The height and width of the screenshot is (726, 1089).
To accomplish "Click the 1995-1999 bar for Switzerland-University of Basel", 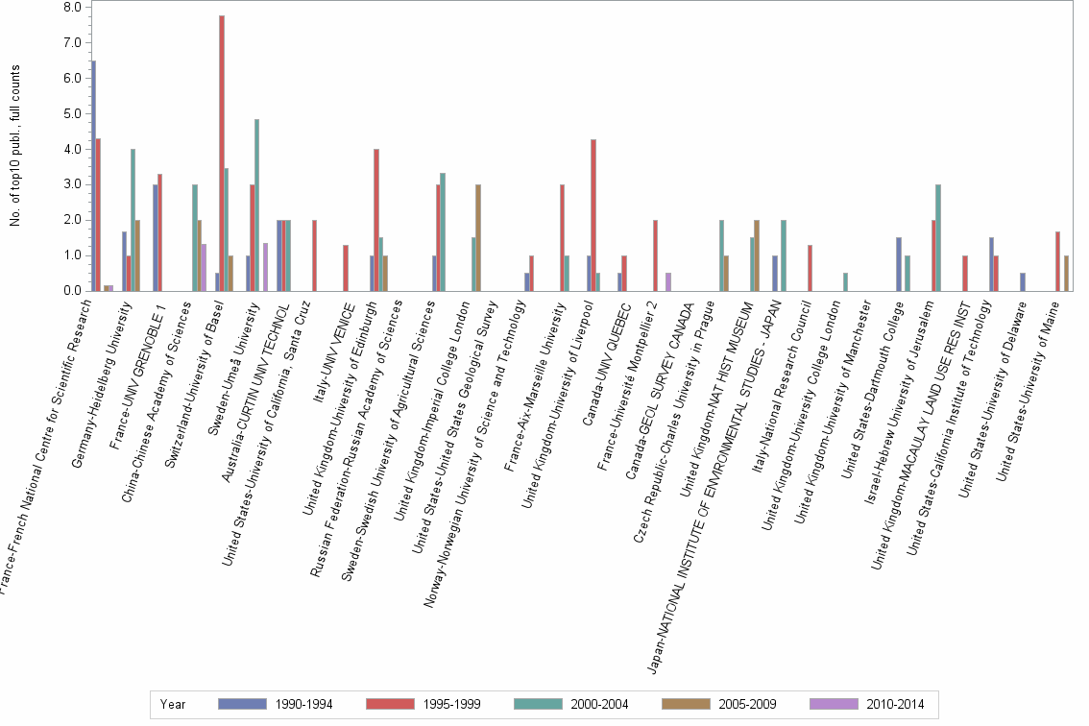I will click(x=222, y=154).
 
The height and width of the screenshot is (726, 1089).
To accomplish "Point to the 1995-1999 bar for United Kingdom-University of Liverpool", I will click(x=593, y=215).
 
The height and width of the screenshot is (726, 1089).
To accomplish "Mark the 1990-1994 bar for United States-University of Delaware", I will click(x=1022, y=281).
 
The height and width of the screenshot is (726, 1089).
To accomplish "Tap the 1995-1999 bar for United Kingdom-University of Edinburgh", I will click(x=376, y=220).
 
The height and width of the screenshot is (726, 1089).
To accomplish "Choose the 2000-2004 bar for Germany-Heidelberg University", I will click(x=133, y=220).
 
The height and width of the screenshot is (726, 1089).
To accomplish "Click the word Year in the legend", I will click(x=174, y=704).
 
